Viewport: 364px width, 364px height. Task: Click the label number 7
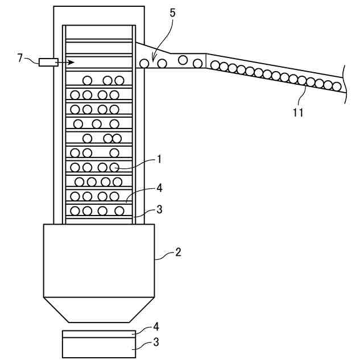[20, 58]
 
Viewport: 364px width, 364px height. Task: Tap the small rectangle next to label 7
[48, 62]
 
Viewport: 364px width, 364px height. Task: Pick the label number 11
[299, 112]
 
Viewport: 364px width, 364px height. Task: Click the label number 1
[160, 159]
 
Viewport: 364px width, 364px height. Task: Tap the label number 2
[178, 251]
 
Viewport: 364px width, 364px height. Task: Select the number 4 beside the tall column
[160, 187]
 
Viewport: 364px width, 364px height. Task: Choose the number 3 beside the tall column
[160, 209]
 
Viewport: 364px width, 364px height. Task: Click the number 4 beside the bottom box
[156, 327]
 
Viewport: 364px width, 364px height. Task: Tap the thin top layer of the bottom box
[99, 334]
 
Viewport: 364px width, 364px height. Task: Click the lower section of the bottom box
[99, 348]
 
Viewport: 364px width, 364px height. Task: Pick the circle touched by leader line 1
[114, 167]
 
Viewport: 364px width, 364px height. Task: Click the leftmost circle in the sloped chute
[144, 63]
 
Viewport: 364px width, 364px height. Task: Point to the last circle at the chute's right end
[337, 87]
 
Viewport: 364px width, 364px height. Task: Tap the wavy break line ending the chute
[345, 83]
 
